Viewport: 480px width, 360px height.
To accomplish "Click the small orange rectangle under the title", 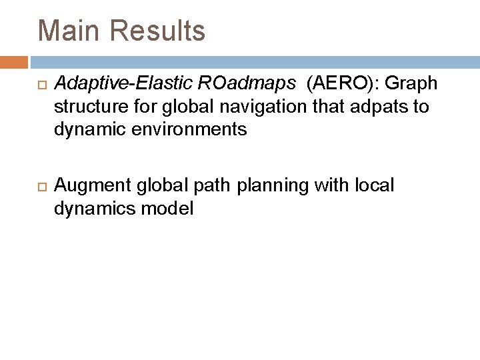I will [x=14, y=62].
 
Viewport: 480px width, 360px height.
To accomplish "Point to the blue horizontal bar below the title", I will [x=253, y=62].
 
